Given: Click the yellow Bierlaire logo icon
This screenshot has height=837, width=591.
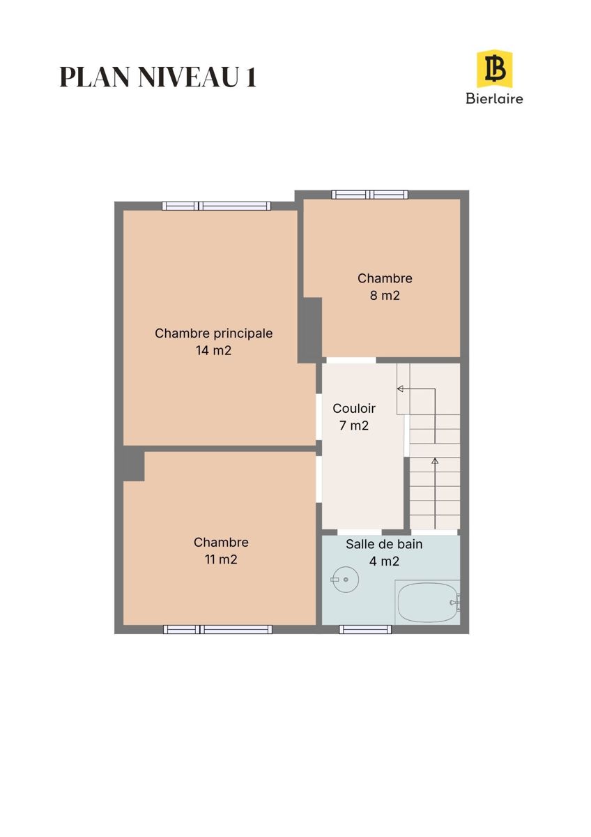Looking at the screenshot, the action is click(494, 69).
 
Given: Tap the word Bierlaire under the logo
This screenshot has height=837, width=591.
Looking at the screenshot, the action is click(494, 98).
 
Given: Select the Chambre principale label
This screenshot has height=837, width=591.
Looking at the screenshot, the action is click(213, 333).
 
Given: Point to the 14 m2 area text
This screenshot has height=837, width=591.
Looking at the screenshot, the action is click(213, 350).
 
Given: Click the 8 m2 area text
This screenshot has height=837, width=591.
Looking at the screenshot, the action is click(385, 296).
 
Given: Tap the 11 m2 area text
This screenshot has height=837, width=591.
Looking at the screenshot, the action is click(221, 559).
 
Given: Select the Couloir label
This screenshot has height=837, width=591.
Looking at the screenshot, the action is click(354, 409).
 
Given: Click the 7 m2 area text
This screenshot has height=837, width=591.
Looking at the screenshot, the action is click(354, 425).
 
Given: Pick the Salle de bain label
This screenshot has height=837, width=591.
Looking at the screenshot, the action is click(384, 544).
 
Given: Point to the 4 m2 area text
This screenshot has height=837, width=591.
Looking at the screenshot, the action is click(384, 561).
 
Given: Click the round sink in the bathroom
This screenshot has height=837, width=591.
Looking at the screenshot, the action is click(346, 580).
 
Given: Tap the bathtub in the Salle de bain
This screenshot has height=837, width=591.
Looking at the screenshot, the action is click(427, 601).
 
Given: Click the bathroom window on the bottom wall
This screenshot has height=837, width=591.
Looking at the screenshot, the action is click(365, 630).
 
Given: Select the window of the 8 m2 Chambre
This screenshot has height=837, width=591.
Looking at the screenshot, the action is click(370, 195).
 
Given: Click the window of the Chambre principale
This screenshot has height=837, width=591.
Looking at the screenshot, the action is click(217, 206).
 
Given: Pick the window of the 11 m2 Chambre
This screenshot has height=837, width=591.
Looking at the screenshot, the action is click(217, 630).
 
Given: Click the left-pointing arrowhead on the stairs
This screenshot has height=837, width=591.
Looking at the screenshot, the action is click(400, 389).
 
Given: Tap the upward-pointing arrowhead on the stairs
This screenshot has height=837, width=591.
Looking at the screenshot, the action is click(435, 461).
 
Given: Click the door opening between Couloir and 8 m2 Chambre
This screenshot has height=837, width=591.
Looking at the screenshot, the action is click(351, 360).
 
